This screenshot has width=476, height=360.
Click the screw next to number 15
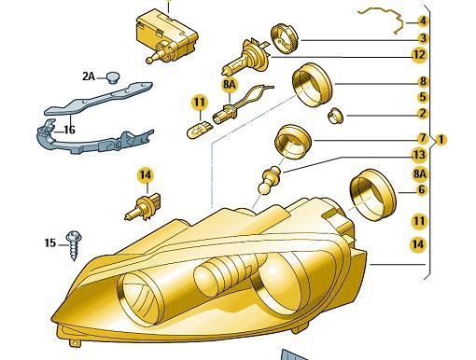coord(75,244)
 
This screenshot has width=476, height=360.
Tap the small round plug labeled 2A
coord(113,77)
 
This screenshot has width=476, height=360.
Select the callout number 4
coord(422,21)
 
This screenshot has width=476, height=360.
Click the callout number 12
coord(419,55)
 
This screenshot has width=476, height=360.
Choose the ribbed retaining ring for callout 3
coord(284,37)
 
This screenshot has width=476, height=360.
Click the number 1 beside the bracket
coord(441,140)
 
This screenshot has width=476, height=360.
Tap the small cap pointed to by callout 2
coord(336,116)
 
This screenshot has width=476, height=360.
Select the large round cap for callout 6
coord(372,195)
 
